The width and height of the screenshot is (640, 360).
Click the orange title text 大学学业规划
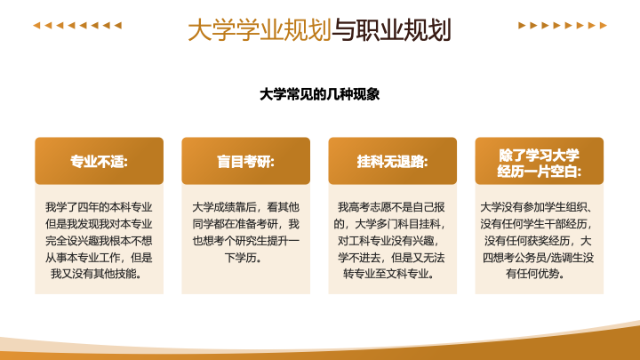(260, 30)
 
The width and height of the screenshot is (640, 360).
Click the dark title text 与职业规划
(391, 30)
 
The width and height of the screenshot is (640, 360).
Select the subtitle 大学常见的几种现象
(320, 94)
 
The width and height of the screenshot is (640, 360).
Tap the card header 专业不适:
(100, 162)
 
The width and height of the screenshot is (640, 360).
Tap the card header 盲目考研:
(245, 162)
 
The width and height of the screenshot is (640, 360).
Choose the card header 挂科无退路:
(392, 162)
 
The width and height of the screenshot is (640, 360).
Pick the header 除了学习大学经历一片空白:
(540, 164)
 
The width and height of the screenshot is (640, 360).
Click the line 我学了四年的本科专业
(99, 207)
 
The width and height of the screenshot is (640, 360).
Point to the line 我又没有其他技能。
(96, 274)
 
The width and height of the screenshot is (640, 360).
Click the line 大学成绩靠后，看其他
(245, 207)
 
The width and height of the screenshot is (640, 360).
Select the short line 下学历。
(244, 258)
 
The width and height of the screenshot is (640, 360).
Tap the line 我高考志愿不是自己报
(391, 207)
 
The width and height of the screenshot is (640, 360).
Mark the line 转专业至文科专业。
(388, 274)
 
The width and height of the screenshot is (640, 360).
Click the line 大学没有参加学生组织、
(536, 207)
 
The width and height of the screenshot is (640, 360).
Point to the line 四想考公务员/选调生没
(538, 258)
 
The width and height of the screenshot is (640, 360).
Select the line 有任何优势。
(535, 274)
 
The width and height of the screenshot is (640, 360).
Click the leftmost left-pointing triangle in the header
(36, 25)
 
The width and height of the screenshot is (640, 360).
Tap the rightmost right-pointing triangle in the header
(604, 25)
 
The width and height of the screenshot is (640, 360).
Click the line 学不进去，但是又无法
(391, 258)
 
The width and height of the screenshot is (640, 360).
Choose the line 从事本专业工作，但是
(99, 258)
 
